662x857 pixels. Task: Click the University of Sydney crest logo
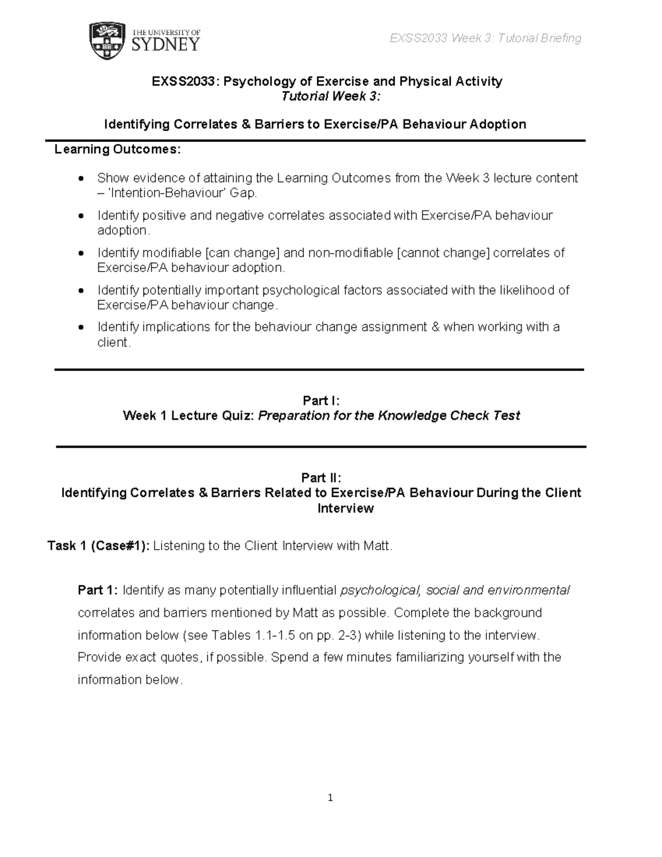(x=108, y=41)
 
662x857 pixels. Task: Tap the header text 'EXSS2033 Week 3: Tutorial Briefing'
(x=485, y=38)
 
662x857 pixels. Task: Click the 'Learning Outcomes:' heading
(x=117, y=150)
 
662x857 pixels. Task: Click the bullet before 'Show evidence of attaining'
(x=82, y=178)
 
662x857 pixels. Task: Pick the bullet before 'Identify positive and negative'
(x=82, y=215)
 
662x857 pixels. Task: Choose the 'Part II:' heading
(x=321, y=477)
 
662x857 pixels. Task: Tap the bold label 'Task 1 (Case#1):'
(x=98, y=546)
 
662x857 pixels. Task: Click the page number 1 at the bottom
(x=330, y=797)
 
